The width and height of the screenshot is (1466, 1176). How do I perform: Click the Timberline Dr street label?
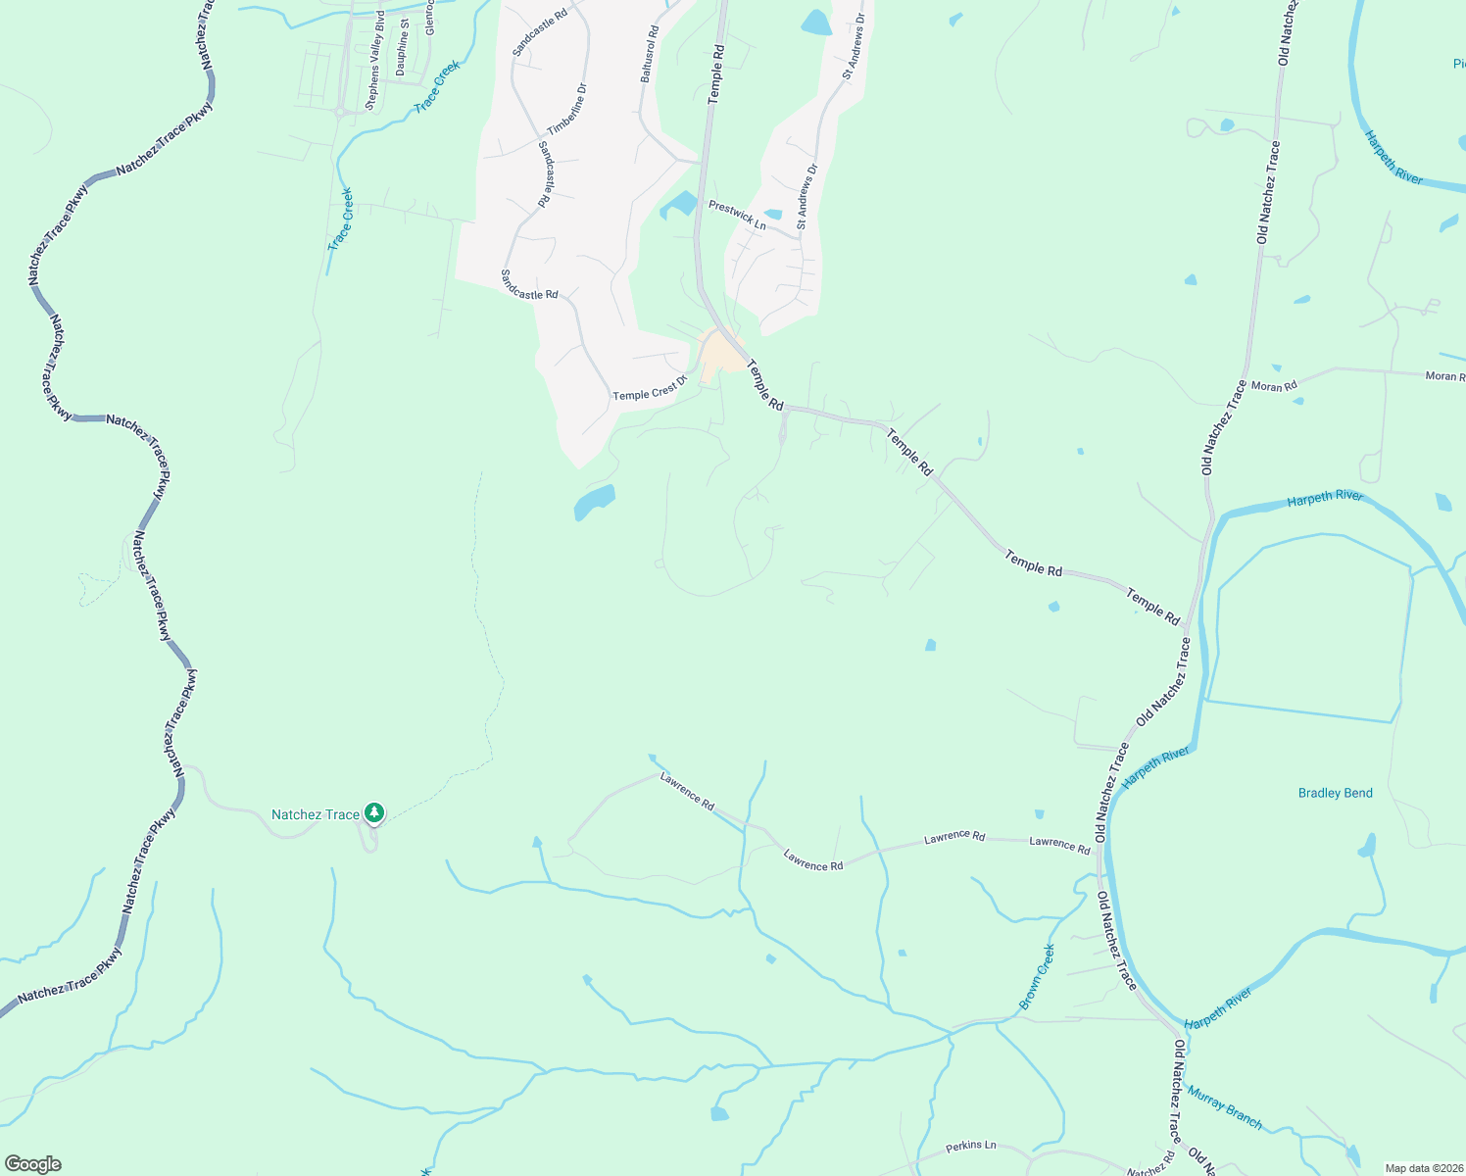pos(567,109)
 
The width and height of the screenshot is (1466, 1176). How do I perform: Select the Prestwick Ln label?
pos(737,215)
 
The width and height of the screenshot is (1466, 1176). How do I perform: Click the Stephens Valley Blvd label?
pos(373,73)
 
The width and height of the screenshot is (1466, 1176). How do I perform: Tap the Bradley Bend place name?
pos(1335,793)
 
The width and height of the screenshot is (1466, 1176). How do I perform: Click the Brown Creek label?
pos(1037,976)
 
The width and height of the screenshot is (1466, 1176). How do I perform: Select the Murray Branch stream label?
pos(1225,1106)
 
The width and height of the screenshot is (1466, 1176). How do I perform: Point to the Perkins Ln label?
pos(970,1146)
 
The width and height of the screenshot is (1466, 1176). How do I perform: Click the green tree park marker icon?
pos(373,812)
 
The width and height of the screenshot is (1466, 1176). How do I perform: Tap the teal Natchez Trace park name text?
pos(316,814)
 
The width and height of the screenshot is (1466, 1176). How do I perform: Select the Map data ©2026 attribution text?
pos(1423,1167)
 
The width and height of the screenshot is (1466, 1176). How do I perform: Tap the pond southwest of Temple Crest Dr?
pos(594,501)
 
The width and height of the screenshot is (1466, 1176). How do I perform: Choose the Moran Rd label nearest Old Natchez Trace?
pos(1274,386)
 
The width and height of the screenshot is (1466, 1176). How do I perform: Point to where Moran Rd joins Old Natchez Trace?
pos(1245,383)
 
